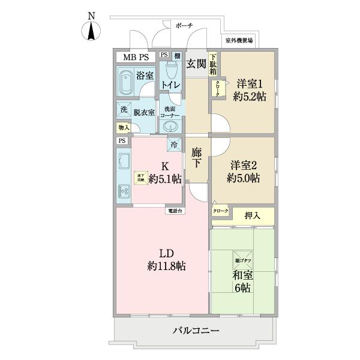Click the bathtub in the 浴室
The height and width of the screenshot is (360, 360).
pos(127,84)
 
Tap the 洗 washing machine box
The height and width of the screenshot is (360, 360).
pos(123,110)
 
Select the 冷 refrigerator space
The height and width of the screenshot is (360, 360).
pos(174,144)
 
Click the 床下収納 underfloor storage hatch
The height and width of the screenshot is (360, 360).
pos(140,177)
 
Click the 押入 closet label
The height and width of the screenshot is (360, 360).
pos(252,215)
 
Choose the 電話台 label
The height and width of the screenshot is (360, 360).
pos(176,211)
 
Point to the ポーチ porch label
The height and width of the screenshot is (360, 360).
pos(184,26)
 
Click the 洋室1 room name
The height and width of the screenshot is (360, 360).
pos(251,83)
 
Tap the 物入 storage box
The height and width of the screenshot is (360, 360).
pos(122,128)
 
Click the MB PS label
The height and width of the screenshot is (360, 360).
pos(136,58)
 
